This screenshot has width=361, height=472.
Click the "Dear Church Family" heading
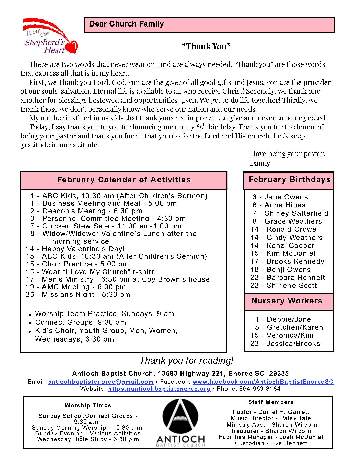126,24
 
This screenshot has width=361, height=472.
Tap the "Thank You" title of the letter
206,46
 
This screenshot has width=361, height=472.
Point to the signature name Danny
260,163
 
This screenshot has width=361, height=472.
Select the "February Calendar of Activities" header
124,180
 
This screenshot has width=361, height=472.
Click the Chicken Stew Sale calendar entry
106,226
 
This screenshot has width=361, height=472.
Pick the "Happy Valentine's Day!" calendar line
75,249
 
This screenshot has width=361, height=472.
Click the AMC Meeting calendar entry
76,287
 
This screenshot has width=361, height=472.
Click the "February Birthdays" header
289,180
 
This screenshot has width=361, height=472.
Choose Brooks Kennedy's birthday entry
287,261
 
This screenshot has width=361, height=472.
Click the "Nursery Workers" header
287,301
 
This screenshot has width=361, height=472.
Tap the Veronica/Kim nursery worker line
282,335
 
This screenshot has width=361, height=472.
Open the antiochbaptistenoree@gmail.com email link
101,382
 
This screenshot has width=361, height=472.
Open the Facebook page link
263,382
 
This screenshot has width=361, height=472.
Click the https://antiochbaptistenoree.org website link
159,389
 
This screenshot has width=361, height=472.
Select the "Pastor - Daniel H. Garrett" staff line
271,412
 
